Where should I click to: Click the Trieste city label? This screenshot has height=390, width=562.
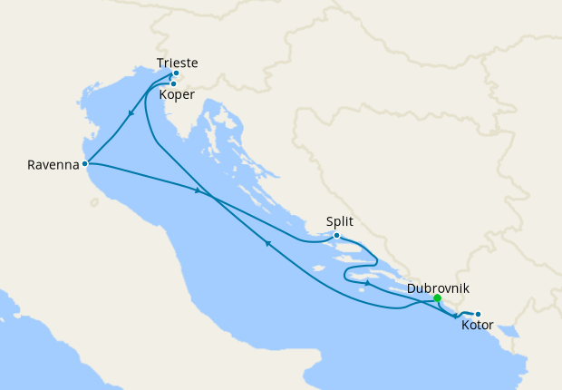tap(177, 63)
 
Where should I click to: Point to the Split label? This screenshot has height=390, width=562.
tap(339, 221)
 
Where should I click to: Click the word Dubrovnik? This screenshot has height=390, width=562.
tap(438, 288)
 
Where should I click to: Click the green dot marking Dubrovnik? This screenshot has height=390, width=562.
tap(438, 298)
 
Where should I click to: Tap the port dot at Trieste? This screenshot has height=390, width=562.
tap(176, 73)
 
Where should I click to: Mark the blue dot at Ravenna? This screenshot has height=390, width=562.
tap(84, 164)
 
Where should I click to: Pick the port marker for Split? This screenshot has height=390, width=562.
tap(336, 236)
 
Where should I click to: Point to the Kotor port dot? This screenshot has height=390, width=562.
tap(478, 315)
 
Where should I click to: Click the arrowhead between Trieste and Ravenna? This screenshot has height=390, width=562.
tap(132, 115)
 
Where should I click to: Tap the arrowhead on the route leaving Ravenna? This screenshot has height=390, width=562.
tap(197, 190)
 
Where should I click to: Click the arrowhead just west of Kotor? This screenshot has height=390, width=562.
tap(455, 316)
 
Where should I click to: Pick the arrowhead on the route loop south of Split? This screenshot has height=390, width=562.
tap(366, 284)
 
